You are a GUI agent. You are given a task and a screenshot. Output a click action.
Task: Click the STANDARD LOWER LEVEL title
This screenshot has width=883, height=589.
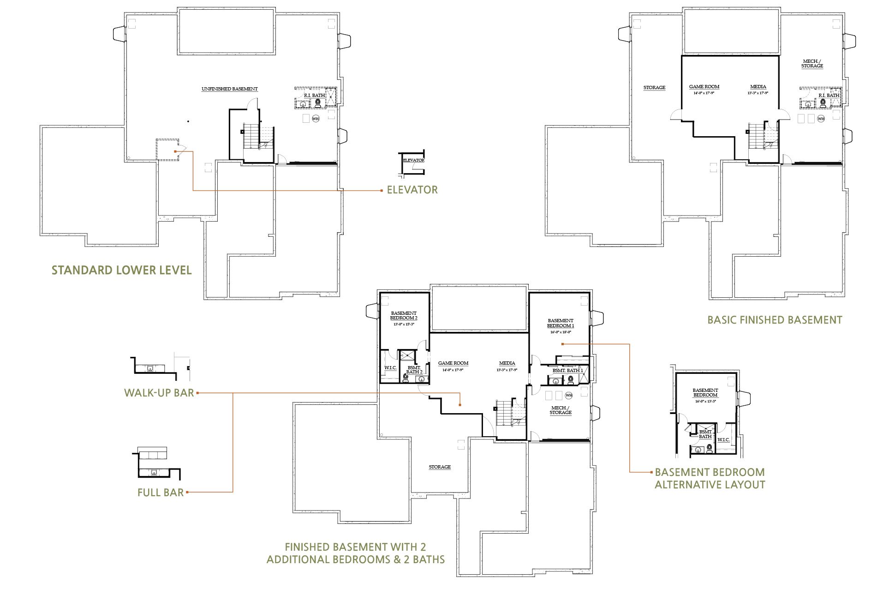(121, 270)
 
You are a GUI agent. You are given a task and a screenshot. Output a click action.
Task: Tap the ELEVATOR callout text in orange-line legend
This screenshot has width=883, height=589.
(412, 190)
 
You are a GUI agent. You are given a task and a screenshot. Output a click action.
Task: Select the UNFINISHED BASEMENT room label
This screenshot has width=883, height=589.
(229, 89)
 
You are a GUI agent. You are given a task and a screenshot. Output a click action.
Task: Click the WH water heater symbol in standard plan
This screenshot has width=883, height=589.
(316, 119)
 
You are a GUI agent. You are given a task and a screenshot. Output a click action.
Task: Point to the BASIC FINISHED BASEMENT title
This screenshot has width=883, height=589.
(775, 320)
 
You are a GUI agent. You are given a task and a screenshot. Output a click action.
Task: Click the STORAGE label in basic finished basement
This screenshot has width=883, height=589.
(654, 88)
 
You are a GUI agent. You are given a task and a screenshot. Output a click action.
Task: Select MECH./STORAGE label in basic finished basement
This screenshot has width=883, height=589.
(812, 64)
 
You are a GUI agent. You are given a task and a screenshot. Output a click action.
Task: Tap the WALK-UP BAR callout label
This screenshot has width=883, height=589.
(159, 393)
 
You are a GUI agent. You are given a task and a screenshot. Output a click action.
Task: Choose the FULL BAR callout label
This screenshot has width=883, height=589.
(161, 493)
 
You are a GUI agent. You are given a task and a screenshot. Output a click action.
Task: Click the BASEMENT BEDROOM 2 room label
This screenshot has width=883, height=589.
(404, 316)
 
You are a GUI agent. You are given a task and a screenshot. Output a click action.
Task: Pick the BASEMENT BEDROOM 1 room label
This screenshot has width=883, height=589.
(561, 323)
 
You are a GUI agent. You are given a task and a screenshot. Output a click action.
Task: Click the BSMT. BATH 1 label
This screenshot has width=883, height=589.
(567, 371)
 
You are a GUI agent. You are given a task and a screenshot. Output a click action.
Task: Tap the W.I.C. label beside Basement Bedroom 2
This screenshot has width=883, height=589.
(390, 368)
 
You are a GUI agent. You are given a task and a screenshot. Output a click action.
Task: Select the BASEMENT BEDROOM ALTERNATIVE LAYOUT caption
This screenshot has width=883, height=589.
(710, 478)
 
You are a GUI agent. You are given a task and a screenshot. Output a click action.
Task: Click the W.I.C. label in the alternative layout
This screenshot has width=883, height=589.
(723, 439)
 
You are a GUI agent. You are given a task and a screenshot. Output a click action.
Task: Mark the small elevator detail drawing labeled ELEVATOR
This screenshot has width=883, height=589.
(412, 162)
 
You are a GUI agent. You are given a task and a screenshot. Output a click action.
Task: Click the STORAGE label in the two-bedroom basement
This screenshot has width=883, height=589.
(440, 467)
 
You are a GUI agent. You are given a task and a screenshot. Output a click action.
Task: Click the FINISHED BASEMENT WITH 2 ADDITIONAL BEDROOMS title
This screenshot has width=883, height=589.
(355, 553)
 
